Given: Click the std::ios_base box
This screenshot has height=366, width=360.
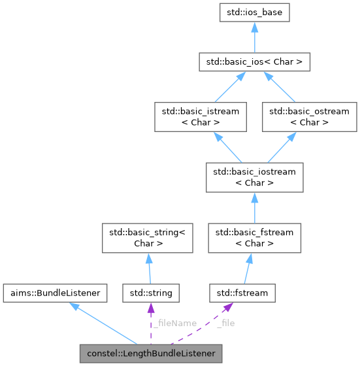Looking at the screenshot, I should [x=254, y=12].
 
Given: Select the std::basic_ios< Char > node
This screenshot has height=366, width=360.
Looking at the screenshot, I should [x=254, y=63].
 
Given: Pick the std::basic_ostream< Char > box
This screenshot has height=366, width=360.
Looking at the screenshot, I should [x=309, y=116].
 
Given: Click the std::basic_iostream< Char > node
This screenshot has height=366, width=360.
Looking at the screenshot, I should [x=254, y=176].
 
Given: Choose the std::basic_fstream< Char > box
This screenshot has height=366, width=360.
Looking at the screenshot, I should [x=254, y=237].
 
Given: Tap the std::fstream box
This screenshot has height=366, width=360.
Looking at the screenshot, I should [x=242, y=293].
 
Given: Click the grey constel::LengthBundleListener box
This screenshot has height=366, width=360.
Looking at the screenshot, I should [x=151, y=354].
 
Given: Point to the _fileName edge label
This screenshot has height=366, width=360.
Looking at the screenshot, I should [x=174, y=323].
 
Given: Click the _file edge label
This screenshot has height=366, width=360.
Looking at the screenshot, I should [x=225, y=323].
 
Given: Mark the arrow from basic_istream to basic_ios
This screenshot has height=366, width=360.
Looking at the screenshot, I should [x=222, y=88].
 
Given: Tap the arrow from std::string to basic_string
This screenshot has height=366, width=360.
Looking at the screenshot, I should [x=149, y=268].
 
